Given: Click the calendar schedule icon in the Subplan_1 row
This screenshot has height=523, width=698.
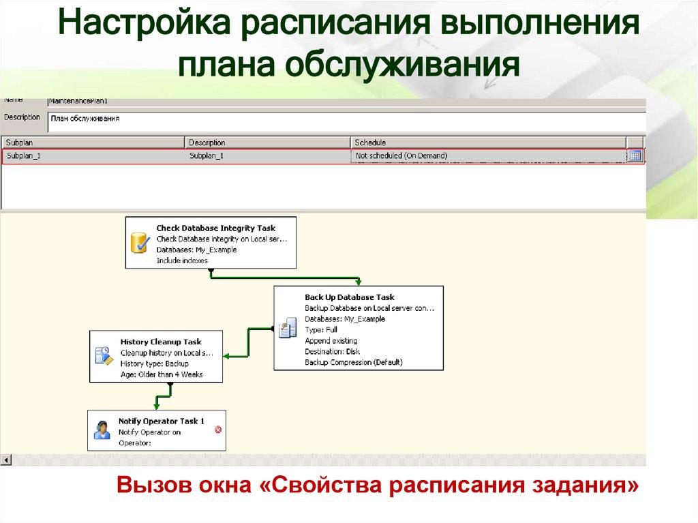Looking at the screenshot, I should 635,155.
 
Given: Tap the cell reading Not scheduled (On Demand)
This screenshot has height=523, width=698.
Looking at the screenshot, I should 401,156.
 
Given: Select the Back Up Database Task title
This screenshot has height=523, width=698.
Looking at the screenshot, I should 349,297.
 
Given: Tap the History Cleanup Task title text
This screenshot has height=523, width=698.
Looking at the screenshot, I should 161,342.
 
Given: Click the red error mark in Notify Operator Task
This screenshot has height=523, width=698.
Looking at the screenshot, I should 218,430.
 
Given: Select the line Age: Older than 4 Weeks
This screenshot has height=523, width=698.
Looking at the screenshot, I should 162,374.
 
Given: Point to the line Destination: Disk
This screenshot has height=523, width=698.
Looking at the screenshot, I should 332,351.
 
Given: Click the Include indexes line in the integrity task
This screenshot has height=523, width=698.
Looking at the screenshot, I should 182,260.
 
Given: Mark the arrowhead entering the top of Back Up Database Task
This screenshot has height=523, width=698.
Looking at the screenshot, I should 359,282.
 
